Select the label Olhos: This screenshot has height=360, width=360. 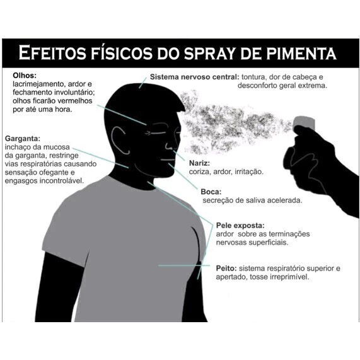click(25, 75)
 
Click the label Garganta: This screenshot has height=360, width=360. click(23, 139)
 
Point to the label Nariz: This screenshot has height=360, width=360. click(199, 163)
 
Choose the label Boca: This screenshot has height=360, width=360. click(211, 192)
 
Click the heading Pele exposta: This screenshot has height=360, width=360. click(240, 226)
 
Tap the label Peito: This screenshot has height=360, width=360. click(226, 268)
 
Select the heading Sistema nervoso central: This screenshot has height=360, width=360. click(195, 77)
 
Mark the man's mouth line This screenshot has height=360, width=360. click(168, 160)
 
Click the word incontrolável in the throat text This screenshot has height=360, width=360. click(62, 181)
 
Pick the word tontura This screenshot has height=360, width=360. click(253, 77)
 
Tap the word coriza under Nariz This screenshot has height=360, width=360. click(199, 171)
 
